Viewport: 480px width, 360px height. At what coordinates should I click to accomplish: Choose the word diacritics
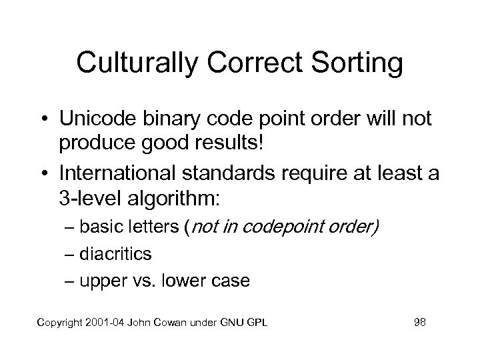coord(115,254)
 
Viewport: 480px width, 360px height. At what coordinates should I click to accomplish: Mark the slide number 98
coord(419,323)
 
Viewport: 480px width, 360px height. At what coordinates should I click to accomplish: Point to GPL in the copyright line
coord(257,323)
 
